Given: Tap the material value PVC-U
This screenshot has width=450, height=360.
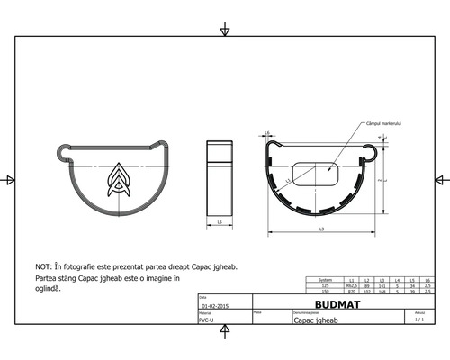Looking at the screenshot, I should (205, 319).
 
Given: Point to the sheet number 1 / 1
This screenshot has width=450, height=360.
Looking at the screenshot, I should (418, 319).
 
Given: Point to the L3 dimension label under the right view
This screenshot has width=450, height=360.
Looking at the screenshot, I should (321, 231).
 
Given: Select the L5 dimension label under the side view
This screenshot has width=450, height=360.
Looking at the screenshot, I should (220, 221).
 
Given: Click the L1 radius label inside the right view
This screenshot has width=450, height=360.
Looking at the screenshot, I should (288, 181).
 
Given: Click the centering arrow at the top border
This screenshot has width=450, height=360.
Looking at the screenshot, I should (224, 31).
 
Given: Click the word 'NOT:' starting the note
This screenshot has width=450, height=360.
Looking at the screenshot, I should (43, 267).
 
